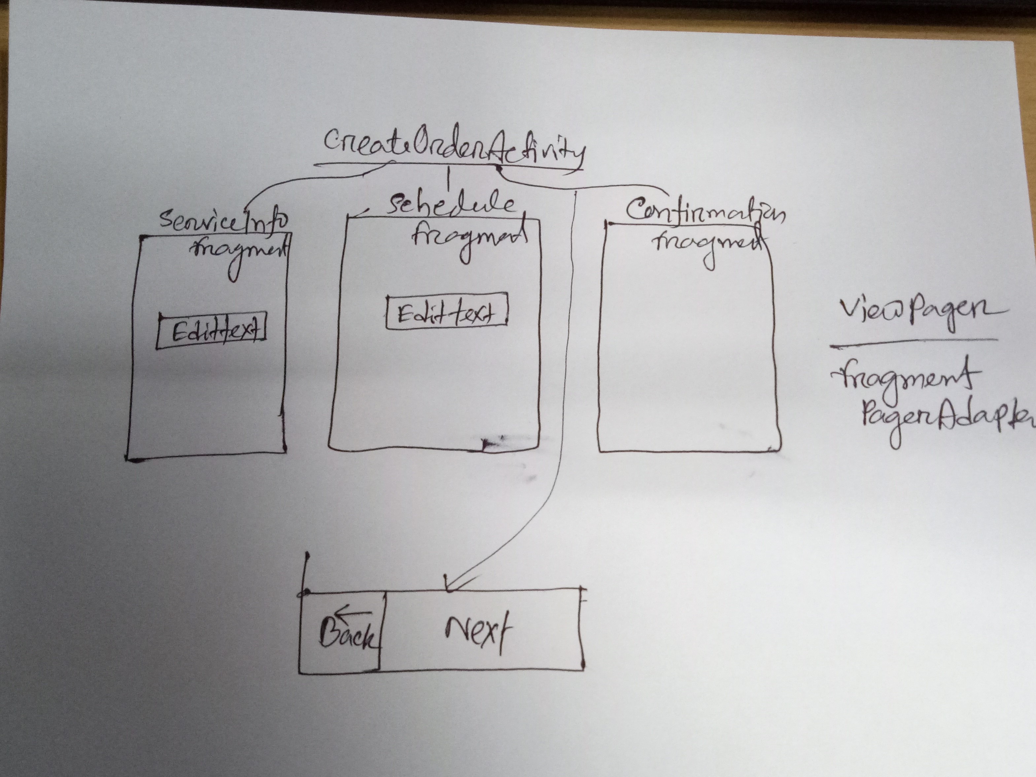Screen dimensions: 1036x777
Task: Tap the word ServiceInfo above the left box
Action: [224, 220]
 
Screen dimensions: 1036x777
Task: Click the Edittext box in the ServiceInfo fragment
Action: [212, 332]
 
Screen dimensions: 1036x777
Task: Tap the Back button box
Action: [341, 632]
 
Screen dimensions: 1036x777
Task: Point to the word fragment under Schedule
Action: [468, 239]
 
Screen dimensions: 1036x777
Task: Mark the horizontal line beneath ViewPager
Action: [913, 343]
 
